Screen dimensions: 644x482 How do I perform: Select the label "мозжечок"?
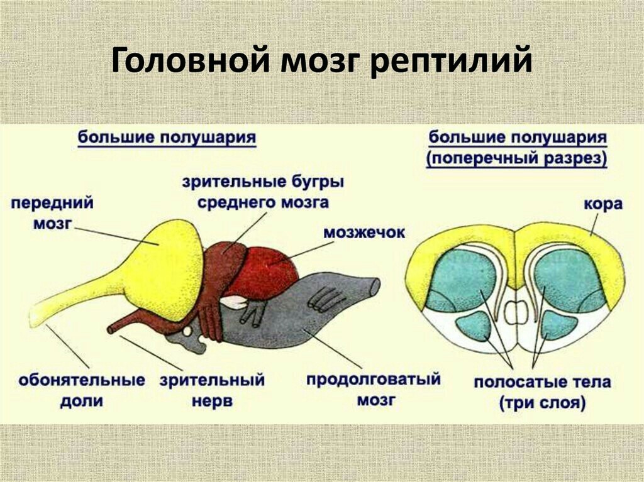364,233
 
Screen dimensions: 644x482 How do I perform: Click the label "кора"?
603,204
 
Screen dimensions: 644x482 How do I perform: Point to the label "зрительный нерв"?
213,390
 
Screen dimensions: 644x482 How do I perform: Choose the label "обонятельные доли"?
82,390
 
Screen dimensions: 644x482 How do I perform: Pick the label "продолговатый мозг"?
374,389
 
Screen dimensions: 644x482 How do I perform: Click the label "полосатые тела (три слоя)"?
543,393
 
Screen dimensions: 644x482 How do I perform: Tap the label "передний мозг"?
53,212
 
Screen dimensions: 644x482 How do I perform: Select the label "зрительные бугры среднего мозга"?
264,192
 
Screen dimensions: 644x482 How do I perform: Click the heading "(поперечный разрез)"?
517,158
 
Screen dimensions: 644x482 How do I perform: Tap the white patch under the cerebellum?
234,302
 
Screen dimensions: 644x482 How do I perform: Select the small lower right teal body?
558,325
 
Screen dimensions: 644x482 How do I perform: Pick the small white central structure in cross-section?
515,312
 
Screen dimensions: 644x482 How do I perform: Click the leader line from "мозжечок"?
301,253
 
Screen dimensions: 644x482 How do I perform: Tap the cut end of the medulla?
375,286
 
